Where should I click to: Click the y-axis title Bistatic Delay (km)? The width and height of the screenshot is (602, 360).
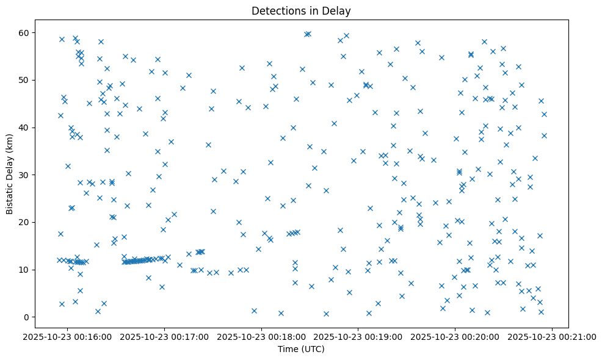[10, 174]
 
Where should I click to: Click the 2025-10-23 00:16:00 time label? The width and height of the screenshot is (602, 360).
[68, 336]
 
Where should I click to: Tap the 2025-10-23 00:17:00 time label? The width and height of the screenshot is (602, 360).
[165, 336]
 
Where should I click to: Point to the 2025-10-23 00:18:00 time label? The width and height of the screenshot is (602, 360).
[262, 336]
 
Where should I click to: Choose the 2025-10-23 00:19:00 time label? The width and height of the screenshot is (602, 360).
[359, 336]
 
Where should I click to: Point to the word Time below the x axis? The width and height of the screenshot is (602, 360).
[289, 350]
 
